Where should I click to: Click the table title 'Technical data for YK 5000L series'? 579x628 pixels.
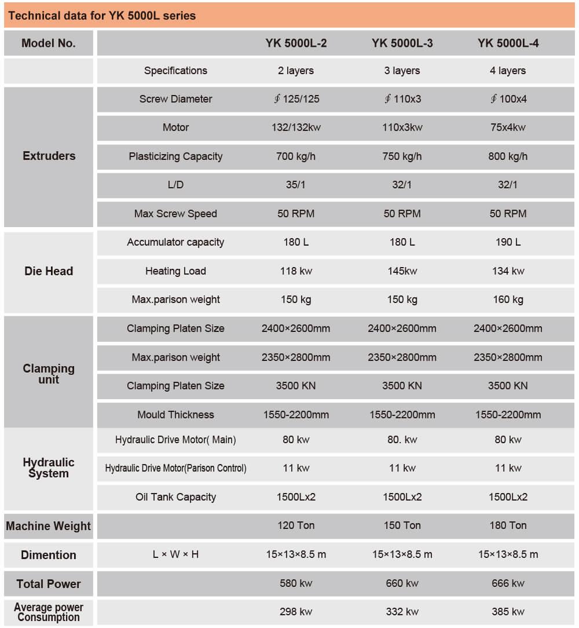(x=102, y=16)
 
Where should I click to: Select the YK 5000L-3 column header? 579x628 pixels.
(x=402, y=43)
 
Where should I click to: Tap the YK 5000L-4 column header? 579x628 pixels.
(x=508, y=43)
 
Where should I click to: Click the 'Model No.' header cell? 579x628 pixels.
(x=49, y=43)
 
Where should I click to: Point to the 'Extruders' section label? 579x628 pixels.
(x=49, y=156)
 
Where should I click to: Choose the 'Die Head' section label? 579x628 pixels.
(x=49, y=271)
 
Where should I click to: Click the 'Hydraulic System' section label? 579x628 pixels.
(x=49, y=468)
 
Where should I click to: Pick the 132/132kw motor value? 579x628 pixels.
(x=296, y=127)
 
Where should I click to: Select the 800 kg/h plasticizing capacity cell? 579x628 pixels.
(x=508, y=156)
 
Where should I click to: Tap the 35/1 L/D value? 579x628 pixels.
(x=295, y=185)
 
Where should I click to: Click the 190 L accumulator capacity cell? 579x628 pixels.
(x=508, y=242)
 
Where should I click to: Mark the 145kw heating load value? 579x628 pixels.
(x=402, y=271)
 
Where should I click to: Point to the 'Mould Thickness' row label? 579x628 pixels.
(x=175, y=415)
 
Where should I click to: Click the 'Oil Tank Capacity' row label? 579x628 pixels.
(x=175, y=497)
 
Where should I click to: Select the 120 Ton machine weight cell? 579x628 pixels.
(x=296, y=525)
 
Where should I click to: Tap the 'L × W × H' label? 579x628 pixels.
(x=175, y=554)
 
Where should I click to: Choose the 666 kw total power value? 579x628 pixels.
(x=508, y=583)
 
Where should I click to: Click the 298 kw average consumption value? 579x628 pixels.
(x=296, y=612)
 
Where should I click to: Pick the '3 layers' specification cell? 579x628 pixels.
(x=402, y=71)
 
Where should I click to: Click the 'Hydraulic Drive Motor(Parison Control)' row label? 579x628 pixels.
(x=175, y=468)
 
